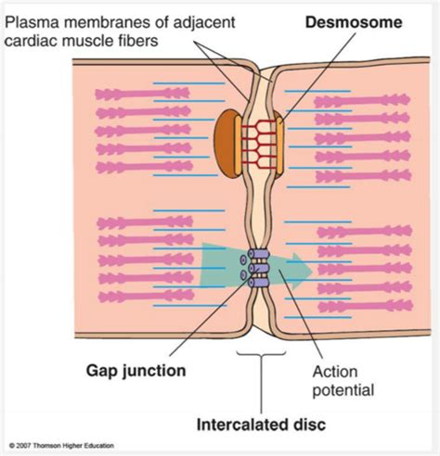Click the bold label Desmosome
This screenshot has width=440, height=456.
pos(354,22)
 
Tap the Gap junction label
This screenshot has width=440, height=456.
pos(136,371)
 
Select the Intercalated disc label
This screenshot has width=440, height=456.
pos(261,424)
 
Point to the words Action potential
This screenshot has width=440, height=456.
pos(343,381)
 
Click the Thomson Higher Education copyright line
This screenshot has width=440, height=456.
pos(61,446)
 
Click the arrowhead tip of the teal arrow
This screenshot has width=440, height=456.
pos(313,271)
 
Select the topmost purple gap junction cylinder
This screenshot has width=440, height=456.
pos(259,254)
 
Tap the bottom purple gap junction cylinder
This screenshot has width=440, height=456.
pos(259,283)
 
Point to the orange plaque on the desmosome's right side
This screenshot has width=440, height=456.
pos(279,146)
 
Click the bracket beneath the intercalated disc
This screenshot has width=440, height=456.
pos(261,356)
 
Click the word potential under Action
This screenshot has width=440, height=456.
pos(343,390)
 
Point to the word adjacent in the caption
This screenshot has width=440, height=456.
pos(205,23)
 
